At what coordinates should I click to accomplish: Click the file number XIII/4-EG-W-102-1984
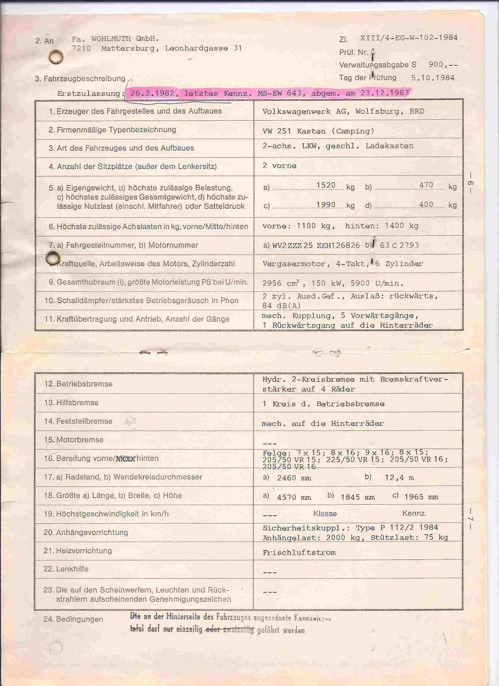pos(409,38)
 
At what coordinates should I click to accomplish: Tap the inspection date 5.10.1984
pos(432,78)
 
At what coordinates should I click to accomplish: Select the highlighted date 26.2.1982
pos(152,93)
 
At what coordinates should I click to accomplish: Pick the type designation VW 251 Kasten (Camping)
pos(318,131)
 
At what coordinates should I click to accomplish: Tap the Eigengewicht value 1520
pos(326,185)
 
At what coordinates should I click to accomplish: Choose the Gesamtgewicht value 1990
pos(326,205)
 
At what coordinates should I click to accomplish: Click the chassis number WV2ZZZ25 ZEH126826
pos(316,245)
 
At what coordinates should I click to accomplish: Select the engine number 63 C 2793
pos(399,245)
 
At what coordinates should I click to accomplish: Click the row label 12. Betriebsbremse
pos(78,384)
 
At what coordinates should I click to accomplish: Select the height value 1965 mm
pos(421,497)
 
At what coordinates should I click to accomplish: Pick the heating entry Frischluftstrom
pos(299,552)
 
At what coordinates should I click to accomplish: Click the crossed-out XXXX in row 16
pos(125,459)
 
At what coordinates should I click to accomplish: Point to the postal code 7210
pos(81,48)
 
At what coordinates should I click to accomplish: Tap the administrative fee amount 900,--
pos(443,65)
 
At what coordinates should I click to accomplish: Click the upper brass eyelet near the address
pos(56,57)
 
